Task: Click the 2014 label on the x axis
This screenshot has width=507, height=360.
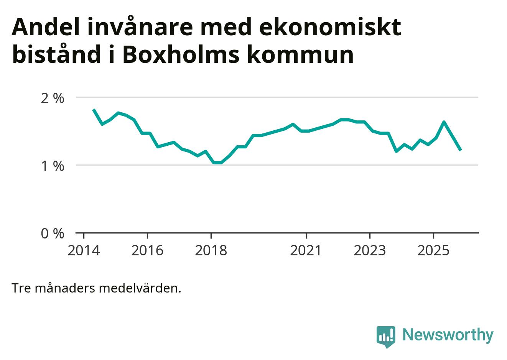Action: [x=84, y=251]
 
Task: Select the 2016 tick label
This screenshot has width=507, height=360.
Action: [x=147, y=251]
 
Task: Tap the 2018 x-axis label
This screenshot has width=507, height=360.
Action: [x=211, y=251]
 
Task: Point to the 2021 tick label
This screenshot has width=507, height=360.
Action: [x=306, y=251]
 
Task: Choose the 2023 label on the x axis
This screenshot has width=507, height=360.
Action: [x=370, y=251]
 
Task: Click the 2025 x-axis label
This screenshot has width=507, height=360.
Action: [x=433, y=251]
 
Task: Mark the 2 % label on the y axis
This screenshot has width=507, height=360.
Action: [x=52, y=98]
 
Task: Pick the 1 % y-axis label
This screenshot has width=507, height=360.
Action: [x=52, y=166]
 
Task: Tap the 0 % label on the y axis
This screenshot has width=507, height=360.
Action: [x=52, y=233]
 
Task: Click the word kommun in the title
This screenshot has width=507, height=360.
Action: [x=300, y=54]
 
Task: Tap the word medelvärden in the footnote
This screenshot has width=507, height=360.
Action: [x=140, y=288]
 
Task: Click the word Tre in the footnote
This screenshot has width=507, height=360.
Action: [x=21, y=288]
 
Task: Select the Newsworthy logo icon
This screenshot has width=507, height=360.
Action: [x=386, y=336]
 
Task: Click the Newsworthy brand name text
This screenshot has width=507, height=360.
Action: [x=448, y=335]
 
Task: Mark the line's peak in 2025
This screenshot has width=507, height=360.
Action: [x=444, y=122]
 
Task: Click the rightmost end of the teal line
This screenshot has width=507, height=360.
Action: [x=461, y=150]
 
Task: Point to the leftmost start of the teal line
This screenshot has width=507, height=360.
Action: [x=94, y=110]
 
